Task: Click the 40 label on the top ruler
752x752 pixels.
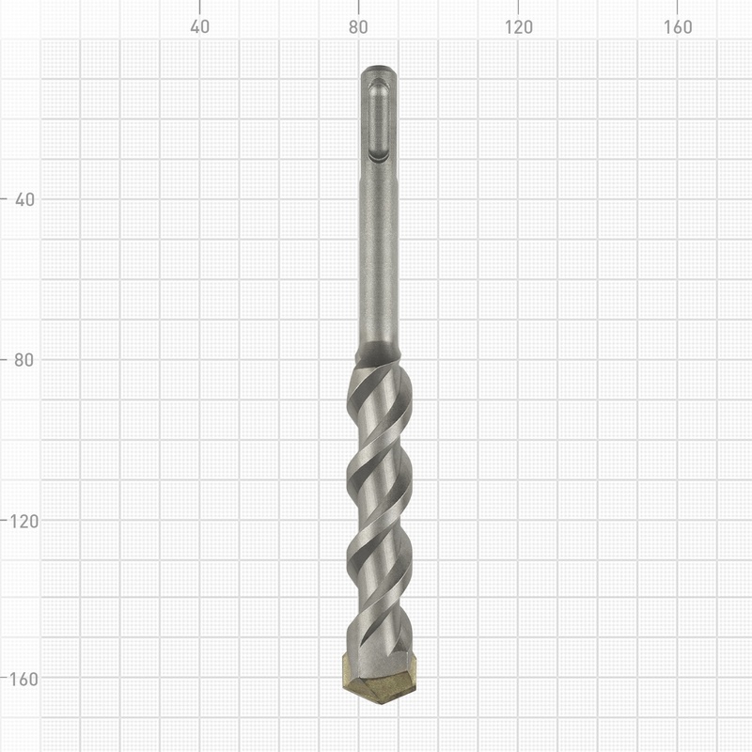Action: coord(199,27)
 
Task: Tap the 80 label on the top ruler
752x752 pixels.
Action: coord(358,27)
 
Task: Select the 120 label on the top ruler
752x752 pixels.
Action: coord(518,27)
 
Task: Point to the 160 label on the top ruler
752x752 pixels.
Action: coord(678,27)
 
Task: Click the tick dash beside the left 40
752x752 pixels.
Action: coord(6,199)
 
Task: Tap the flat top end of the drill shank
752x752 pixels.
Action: coord(380,69)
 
